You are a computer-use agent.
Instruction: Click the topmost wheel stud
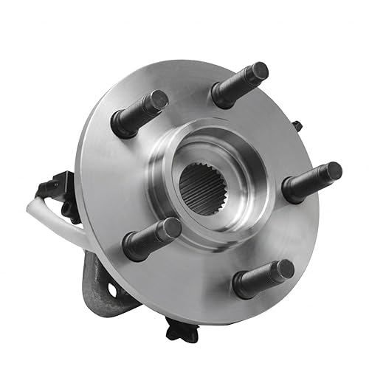point(239,83)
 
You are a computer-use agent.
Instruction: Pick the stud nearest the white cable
point(152,238)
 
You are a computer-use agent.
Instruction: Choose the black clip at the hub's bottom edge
point(180,330)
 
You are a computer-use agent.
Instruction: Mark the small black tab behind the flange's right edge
point(297,126)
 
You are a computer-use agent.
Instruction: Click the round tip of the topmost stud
point(258,72)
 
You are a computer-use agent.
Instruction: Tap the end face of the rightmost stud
point(334,172)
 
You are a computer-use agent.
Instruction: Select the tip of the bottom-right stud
point(281,270)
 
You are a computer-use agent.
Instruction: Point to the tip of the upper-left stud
point(159,99)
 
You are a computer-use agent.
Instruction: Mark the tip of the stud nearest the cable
point(170,228)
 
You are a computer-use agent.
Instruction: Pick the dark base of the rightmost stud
point(292,192)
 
